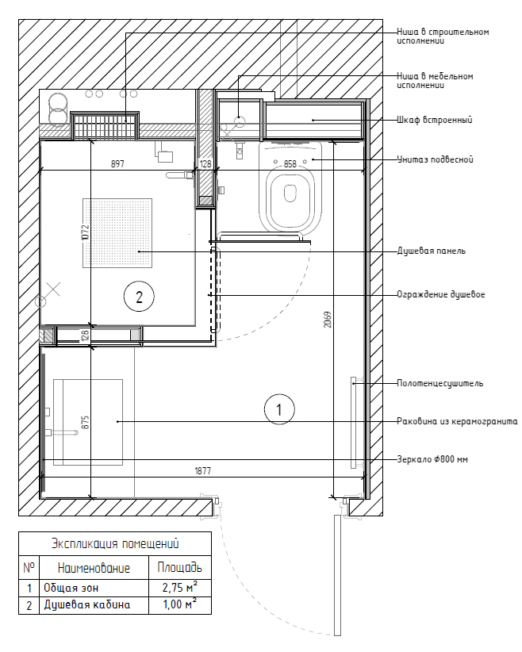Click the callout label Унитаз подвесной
point(435,159)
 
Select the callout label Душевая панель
point(431,251)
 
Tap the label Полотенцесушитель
point(439,383)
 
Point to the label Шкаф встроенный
point(434,121)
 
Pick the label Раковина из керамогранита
point(456,420)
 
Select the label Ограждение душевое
point(440,294)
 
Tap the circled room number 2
point(139,297)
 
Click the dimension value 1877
point(203,470)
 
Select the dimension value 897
point(117,164)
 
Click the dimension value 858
point(290,164)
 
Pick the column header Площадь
point(180,568)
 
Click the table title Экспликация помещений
point(115,543)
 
